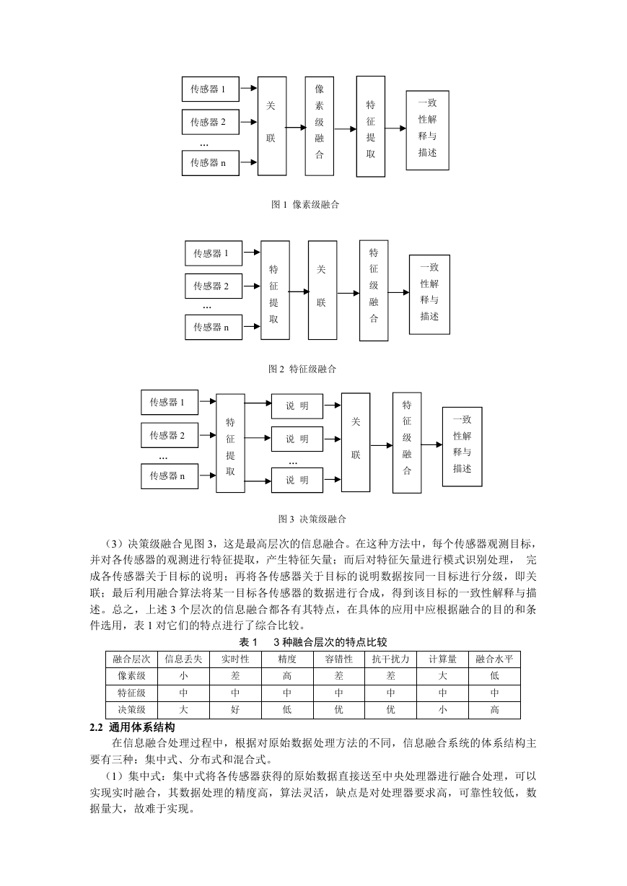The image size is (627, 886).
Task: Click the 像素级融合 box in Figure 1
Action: (x=319, y=126)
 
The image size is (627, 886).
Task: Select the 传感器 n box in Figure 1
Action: (x=211, y=163)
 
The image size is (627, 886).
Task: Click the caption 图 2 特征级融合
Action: (x=302, y=369)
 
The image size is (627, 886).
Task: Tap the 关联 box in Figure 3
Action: (x=356, y=442)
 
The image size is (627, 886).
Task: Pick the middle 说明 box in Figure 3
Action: (x=297, y=439)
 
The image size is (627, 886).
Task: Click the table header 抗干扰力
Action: (x=390, y=659)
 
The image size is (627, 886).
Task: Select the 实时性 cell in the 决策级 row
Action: (x=235, y=709)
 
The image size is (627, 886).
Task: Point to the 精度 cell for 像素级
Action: (x=287, y=676)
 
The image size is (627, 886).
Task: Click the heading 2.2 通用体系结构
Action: (x=133, y=727)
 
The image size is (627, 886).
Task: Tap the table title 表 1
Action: (x=248, y=642)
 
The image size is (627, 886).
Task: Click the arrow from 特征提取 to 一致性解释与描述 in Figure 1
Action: (x=395, y=128)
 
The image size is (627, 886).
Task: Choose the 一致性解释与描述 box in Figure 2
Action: (x=429, y=294)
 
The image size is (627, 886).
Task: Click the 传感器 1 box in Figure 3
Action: (x=170, y=403)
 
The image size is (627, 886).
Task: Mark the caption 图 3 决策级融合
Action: (x=312, y=519)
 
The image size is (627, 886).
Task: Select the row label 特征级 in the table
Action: (x=132, y=693)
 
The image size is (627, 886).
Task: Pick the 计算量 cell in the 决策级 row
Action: (x=443, y=709)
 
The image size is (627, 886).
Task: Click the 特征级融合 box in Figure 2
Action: (x=374, y=290)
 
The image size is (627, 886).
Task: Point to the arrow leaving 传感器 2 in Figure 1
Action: (x=248, y=122)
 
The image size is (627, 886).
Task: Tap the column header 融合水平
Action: (x=494, y=659)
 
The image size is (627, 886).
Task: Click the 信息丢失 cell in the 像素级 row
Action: (x=183, y=676)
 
